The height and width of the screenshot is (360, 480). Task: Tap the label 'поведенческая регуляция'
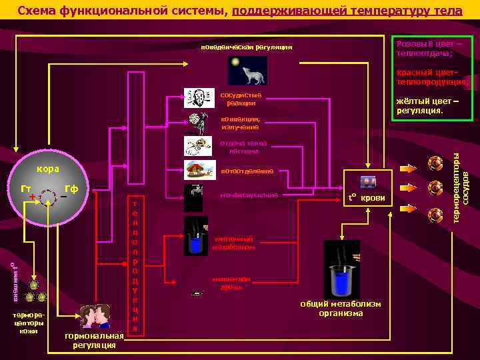247,47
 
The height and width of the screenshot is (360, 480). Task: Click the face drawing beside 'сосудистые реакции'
199,98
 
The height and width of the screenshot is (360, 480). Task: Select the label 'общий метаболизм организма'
341,309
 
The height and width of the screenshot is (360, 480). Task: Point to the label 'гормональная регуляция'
95,340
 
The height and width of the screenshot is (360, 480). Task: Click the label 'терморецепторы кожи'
28,321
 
